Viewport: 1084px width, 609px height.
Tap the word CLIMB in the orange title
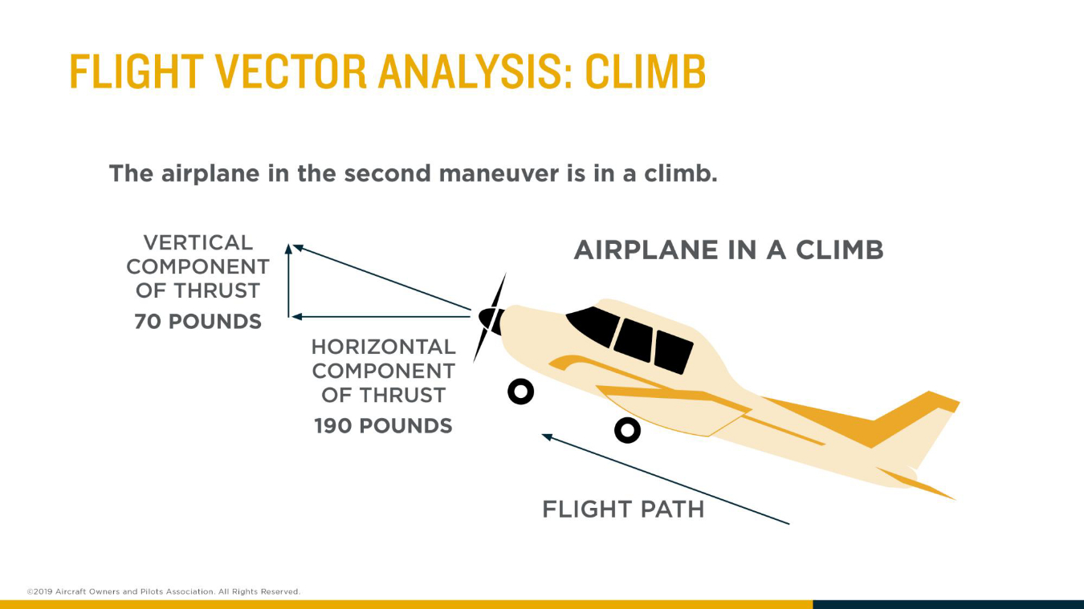[646, 72]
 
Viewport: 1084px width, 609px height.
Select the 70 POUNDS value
[198, 322]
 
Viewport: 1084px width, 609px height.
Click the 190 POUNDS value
[383, 426]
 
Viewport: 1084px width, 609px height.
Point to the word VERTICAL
[198, 242]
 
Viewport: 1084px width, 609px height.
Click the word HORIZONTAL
[383, 347]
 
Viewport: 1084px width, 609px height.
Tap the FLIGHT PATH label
[623, 510]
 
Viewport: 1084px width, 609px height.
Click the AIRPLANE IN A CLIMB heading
[728, 250]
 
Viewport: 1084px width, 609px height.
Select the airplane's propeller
[490, 318]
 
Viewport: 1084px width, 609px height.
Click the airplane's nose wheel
[521, 392]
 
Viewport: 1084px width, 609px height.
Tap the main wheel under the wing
[627, 431]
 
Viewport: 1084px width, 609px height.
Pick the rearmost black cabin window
[673, 351]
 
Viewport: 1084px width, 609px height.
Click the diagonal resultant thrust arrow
[381, 277]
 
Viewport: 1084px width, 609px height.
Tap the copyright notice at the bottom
[163, 591]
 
